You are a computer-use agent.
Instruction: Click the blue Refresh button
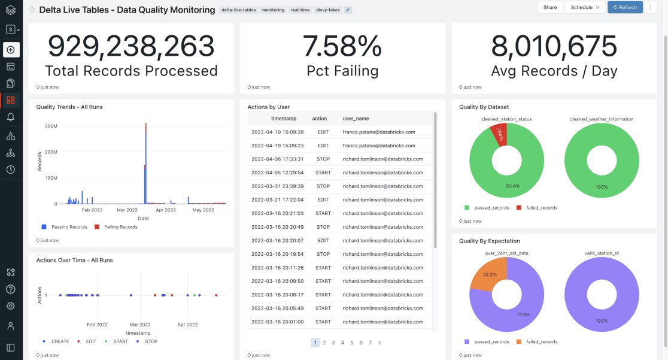[x=625, y=7]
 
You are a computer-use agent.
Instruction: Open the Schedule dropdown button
[x=584, y=7]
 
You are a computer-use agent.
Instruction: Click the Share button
[x=549, y=7]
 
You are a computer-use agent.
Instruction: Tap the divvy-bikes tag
[x=328, y=10]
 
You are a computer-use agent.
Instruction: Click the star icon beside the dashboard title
[x=32, y=10]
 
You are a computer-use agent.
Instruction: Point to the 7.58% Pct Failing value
[x=342, y=47]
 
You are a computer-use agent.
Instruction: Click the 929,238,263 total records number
[x=131, y=47]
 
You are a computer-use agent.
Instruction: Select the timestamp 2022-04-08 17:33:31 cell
[x=277, y=159]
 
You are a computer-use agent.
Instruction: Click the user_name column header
[x=356, y=119]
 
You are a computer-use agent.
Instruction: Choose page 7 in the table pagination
[x=370, y=343]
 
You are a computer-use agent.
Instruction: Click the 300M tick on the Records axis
[x=50, y=126]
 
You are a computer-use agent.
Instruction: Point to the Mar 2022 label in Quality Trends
[x=127, y=210]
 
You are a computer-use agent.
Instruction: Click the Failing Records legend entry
[x=118, y=227]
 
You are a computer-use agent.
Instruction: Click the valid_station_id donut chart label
[x=601, y=253]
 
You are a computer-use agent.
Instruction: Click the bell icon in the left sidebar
[x=11, y=117]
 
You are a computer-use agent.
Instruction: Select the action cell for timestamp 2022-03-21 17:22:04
[x=323, y=199]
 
